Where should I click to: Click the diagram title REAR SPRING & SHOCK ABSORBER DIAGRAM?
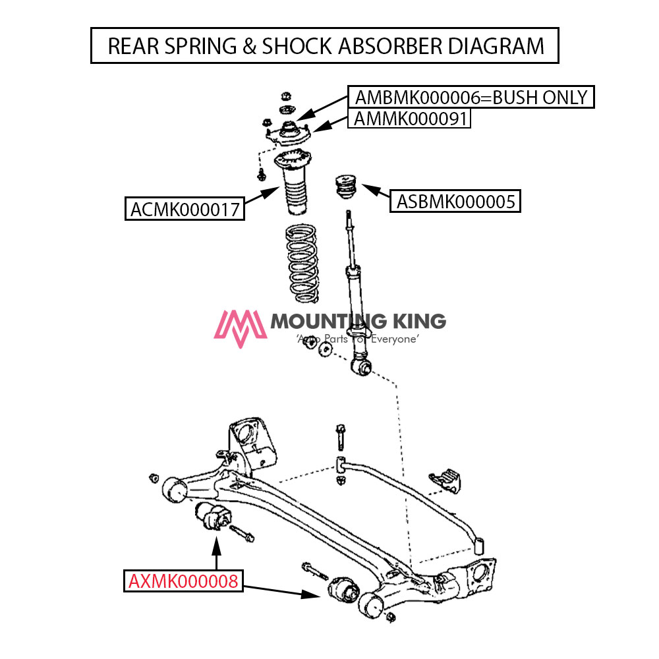point(325,45)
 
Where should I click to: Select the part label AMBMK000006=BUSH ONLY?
point(471,98)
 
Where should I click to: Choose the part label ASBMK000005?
point(455,200)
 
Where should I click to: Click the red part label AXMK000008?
point(184,581)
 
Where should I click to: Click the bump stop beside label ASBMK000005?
point(344,186)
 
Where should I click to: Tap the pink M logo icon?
point(241,328)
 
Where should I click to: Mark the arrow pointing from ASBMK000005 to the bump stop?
point(376,192)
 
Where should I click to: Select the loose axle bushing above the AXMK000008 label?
point(211,515)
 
